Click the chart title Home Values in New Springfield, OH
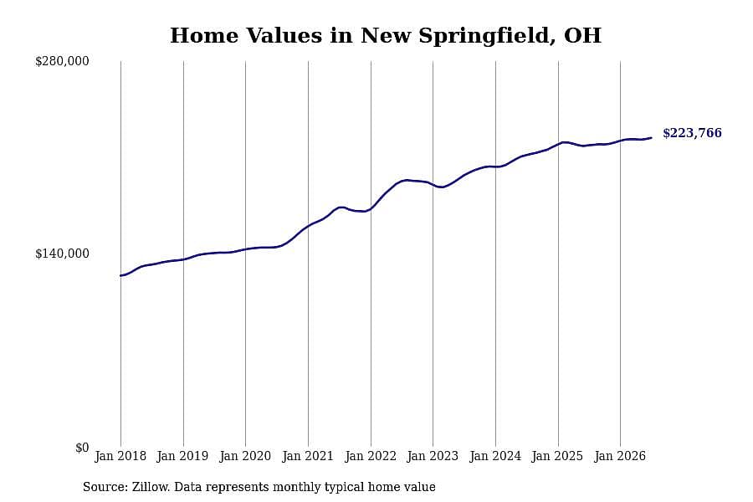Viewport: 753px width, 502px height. (x=386, y=35)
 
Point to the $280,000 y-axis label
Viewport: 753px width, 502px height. (x=62, y=61)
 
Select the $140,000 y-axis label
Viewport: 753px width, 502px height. (x=62, y=254)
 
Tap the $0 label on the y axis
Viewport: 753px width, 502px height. (x=82, y=448)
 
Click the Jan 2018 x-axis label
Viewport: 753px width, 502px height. (x=120, y=456)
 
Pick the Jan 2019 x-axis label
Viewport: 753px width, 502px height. (x=183, y=456)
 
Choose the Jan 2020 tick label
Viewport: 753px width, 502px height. (x=245, y=456)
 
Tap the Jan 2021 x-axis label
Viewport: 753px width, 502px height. (x=308, y=456)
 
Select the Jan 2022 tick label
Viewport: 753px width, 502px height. (x=371, y=456)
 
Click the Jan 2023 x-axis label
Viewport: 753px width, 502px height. (x=433, y=456)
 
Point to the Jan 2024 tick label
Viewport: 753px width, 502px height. (x=495, y=456)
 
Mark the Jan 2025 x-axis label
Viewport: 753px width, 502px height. (x=558, y=456)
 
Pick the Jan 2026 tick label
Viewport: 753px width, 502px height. (x=621, y=456)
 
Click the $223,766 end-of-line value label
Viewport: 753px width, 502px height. (x=692, y=133)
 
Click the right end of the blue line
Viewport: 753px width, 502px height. (x=651, y=138)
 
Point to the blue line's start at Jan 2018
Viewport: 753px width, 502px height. (x=121, y=276)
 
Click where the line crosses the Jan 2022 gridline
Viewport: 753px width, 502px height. (x=371, y=208)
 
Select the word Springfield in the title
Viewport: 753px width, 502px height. (x=486, y=36)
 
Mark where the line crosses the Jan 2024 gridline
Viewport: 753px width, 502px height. (x=495, y=166)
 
